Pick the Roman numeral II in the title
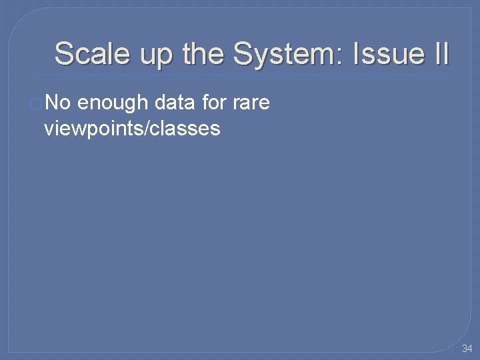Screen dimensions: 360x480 point(441,54)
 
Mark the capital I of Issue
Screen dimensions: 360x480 point(356,54)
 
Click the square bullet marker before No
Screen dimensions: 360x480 point(36,104)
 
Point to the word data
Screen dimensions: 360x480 point(171,103)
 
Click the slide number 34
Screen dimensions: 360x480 point(466,349)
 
